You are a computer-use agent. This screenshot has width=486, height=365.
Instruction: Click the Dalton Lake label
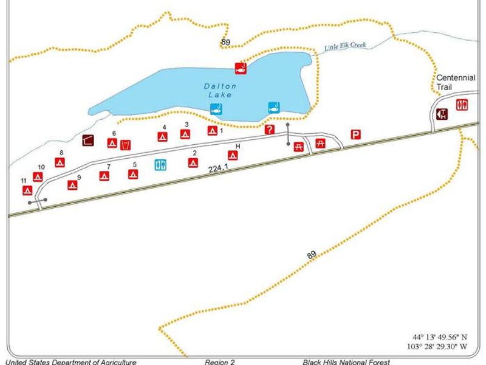(x=220, y=91)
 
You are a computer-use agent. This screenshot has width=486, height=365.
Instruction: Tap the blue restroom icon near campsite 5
(x=160, y=164)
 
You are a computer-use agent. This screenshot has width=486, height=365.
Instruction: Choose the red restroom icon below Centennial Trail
(x=462, y=105)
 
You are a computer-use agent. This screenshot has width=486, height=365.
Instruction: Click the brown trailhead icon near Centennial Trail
(x=442, y=114)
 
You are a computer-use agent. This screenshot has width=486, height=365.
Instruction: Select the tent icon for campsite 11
(x=28, y=190)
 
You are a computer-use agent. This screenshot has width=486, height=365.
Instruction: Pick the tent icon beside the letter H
(x=233, y=155)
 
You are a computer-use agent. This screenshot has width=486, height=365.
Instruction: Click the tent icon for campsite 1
(x=212, y=131)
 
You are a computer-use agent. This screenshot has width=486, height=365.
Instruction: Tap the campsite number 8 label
(x=61, y=153)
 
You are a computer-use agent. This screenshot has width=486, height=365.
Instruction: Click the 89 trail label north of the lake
(x=226, y=41)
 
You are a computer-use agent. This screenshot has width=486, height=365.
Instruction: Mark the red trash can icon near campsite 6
(x=126, y=145)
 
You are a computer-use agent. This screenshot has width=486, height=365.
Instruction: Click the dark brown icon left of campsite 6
(x=88, y=141)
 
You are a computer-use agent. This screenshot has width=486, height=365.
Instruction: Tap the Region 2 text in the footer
(x=219, y=362)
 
